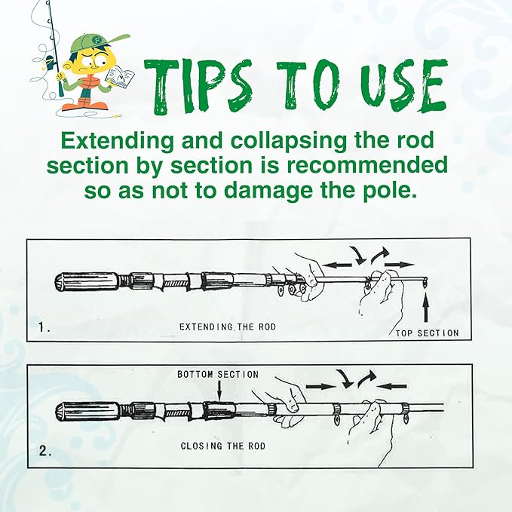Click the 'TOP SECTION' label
tap(427, 333)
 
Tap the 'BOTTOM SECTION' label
tap(218, 374)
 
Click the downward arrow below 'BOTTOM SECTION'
tap(219, 390)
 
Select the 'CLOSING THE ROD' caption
tap(223, 446)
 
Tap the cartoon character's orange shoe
tap(75, 106)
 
